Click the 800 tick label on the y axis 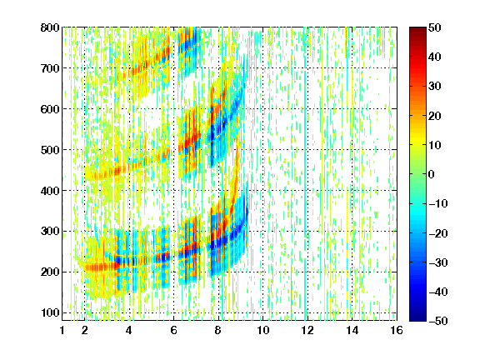[x=50, y=27]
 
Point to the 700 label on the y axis [x=50, y=68]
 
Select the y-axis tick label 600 [x=50, y=109]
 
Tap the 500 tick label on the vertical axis [x=50, y=150]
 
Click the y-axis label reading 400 [x=50, y=191]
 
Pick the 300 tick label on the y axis [x=50, y=232]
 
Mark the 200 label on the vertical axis [x=50, y=272]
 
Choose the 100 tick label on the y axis [x=50, y=312]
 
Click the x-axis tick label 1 [x=62, y=330]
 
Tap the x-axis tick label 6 [x=173, y=330]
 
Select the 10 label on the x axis [x=263, y=330]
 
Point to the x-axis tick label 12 [x=307, y=330]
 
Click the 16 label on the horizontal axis [x=397, y=330]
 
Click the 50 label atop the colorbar [x=435, y=27]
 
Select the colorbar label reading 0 [x=432, y=174]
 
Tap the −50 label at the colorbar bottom [x=438, y=321]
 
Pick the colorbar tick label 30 [x=435, y=87]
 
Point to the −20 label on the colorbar [x=438, y=233]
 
